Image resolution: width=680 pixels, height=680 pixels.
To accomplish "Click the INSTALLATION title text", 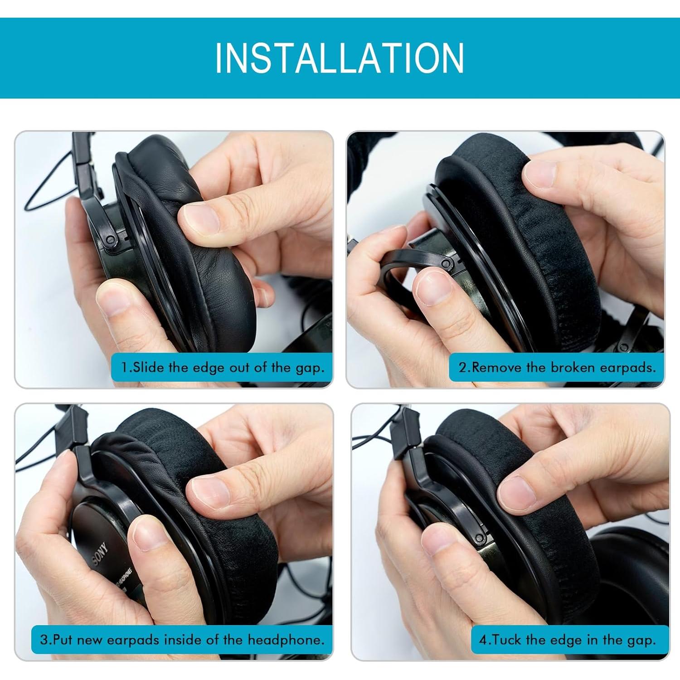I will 340,58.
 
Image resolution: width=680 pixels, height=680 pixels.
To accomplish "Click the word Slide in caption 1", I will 148,367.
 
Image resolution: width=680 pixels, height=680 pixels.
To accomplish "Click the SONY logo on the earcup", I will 101,552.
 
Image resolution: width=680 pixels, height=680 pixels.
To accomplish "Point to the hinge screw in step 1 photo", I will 110,239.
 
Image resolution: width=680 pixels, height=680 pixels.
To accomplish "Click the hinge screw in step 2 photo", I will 447,263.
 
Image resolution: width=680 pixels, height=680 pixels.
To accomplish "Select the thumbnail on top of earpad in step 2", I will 540,175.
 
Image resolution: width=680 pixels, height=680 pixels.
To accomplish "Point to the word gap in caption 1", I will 310,368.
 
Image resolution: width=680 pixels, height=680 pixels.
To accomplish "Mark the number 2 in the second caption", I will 462,367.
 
